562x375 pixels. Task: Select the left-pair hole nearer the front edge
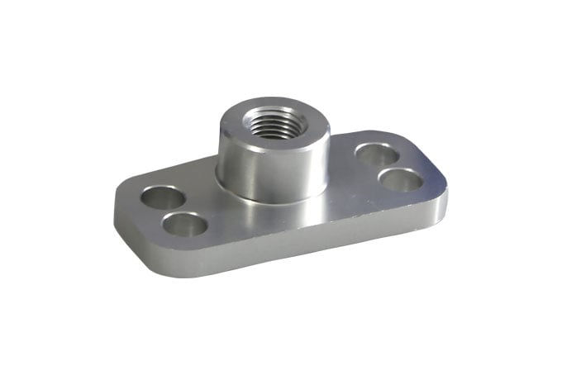pos(185,224)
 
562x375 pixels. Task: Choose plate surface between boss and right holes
pos(347,165)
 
